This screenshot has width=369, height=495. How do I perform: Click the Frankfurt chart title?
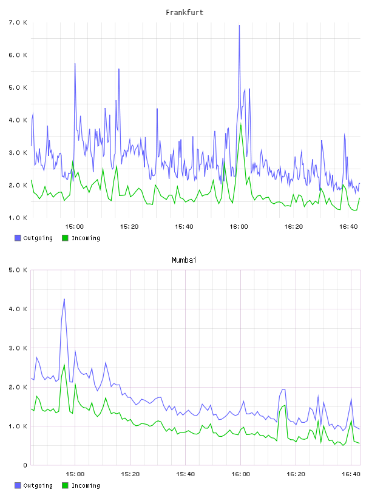[184, 13]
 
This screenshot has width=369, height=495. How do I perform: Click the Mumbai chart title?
[184, 260]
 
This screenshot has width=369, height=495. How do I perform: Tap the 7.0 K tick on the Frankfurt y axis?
[18, 22]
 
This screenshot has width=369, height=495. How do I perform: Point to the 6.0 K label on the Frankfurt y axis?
[18, 55]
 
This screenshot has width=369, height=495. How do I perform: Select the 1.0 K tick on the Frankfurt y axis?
[18, 218]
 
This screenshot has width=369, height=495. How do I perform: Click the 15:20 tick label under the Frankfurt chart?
[129, 226]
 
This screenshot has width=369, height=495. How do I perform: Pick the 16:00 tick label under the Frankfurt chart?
[239, 226]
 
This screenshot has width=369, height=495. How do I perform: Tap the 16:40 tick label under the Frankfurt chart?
[348, 226]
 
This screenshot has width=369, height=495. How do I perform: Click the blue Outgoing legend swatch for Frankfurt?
[18, 238]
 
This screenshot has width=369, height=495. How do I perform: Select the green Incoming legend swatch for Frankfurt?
[65, 238]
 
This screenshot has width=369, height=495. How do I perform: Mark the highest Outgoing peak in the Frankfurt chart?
[240, 25]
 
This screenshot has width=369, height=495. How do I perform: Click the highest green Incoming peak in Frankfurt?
[241, 124]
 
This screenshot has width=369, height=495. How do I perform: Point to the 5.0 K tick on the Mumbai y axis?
[18, 270]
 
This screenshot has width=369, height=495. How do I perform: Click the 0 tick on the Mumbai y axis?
[25, 465]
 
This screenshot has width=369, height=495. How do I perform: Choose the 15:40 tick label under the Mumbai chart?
[185, 474]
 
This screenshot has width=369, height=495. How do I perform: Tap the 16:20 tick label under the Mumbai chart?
[296, 474]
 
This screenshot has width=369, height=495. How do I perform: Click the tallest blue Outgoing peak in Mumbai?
[64, 299]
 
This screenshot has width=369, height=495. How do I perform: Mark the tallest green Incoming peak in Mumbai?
[64, 365]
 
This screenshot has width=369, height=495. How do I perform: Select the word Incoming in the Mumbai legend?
[86, 485]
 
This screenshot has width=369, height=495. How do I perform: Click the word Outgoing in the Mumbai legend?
[38, 485]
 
